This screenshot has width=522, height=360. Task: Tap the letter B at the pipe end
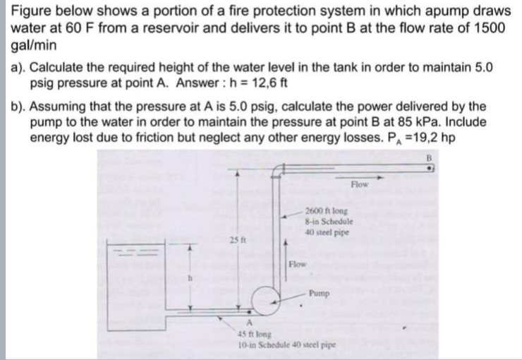(429, 157)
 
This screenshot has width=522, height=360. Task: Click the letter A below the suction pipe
(249, 323)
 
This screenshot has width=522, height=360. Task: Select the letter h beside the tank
(190, 279)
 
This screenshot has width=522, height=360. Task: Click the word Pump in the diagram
(320, 294)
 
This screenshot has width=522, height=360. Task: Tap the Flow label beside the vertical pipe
(297, 265)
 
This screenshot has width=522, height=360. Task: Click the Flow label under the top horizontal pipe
(360, 184)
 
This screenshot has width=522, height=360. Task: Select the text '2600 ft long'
(326, 211)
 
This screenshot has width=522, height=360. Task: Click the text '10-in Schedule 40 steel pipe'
(287, 345)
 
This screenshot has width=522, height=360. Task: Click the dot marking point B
(430, 169)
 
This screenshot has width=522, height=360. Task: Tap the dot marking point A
(249, 312)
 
